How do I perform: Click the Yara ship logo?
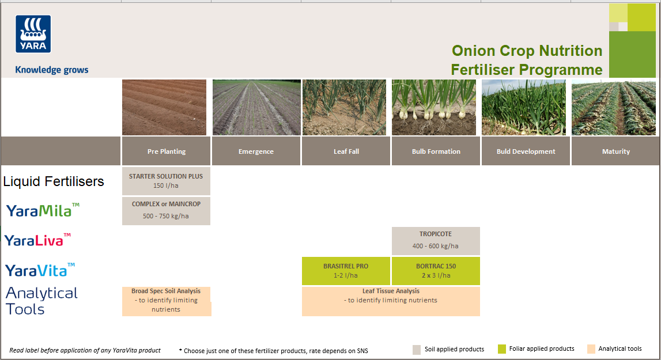(x=33, y=34)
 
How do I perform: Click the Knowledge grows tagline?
(x=52, y=70)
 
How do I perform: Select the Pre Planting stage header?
(x=166, y=151)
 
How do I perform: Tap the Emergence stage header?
(x=256, y=151)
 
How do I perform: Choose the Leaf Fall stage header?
(x=346, y=151)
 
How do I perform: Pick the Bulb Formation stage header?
(x=436, y=151)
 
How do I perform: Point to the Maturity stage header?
(x=615, y=151)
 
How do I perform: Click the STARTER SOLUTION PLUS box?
(x=166, y=181)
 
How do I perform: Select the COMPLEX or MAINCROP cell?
(x=166, y=211)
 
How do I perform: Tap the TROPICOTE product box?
(x=436, y=241)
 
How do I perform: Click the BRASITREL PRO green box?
(x=346, y=271)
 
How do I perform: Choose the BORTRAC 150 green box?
(x=436, y=271)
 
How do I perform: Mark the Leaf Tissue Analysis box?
(x=391, y=301)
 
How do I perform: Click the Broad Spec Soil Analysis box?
(x=166, y=301)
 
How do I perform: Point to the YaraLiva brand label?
(x=38, y=240)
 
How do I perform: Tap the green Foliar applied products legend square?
(x=502, y=349)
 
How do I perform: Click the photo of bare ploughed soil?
(x=164, y=108)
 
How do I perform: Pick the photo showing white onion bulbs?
(x=434, y=108)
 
